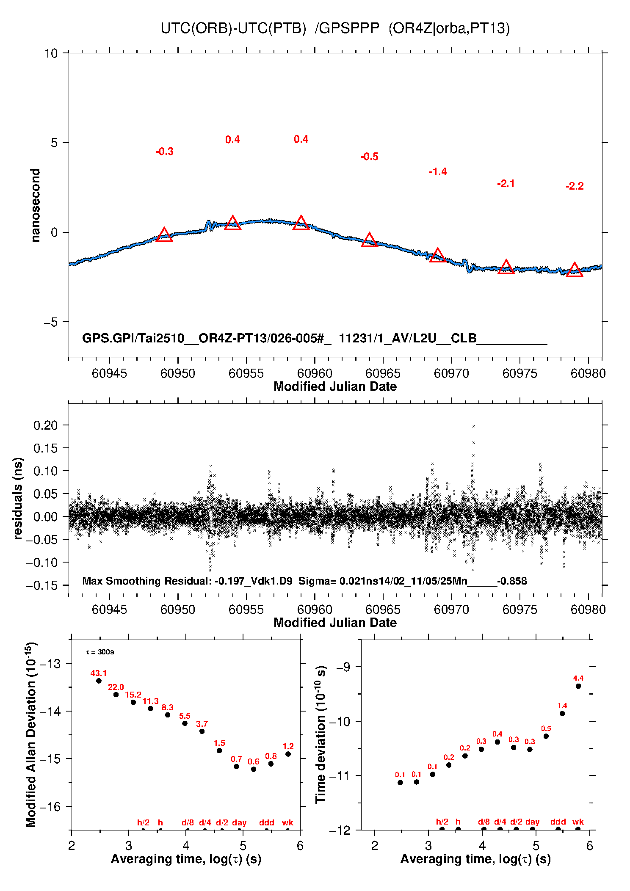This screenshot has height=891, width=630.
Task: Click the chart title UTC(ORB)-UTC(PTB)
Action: click(x=233, y=28)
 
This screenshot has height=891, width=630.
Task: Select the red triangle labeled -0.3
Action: click(x=164, y=235)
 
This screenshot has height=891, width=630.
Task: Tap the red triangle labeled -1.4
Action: click(x=438, y=255)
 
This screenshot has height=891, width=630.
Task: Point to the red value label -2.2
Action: click(x=575, y=186)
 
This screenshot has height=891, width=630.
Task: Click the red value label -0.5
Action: click(x=369, y=157)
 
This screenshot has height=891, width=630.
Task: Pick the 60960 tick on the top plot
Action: click(x=315, y=373)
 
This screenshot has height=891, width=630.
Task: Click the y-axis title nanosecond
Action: click(x=36, y=205)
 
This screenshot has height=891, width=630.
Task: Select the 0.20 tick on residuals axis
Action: click(x=45, y=425)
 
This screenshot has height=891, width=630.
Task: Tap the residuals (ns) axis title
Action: click(x=18, y=498)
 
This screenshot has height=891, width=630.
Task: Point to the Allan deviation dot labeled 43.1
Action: click(x=99, y=681)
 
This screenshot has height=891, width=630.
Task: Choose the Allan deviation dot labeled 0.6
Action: click(x=254, y=769)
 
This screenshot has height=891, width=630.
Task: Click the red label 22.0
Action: click(x=116, y=687)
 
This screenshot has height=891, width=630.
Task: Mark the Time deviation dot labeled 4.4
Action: click(x=578, y=686)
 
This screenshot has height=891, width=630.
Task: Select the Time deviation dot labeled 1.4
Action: click(x=562, y=713)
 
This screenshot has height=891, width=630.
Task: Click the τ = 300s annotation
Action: click(x=100, y=652)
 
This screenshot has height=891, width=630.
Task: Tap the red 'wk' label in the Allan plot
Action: click(x=287, y=822)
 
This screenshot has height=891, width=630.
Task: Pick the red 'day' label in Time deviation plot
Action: click(x=532, y=822)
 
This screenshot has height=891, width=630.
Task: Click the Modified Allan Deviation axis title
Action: click(x=31, y=734)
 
